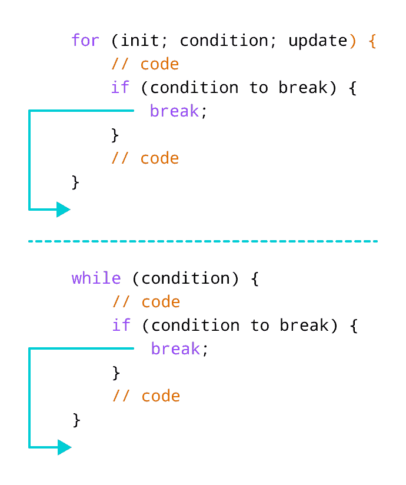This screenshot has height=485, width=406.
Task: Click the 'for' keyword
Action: pyautogui.click(x=85, y=41)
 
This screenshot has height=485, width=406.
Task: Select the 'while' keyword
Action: pyautogui.click(x=96, y=278)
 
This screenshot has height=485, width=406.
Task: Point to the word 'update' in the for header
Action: pyautogui.click(x=318, y=41)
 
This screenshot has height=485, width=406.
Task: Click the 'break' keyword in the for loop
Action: pyautogui.click(x=174, y=111)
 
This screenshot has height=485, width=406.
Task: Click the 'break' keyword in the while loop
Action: pyautogui.click(x=175, y=349)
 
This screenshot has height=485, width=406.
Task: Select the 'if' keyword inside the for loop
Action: pyautogui.click(x=120, y=88)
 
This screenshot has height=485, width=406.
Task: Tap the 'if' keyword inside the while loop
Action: pyautogui.click(x=121, y=325)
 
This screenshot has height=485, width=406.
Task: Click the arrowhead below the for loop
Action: pyautogui.click(x=63, y=209)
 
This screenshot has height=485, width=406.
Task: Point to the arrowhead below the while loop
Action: pyautogui.click(x=64, y=447)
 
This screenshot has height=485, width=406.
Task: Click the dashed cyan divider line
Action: pyautogui.click(x=203, y=241)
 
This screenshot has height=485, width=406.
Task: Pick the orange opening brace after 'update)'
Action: pyautogui.click(x=372, y=41)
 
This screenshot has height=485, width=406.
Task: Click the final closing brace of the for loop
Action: pyautogui.click(x=75, y=182)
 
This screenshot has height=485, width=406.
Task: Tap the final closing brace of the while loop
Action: pyautogui.click(x=76, y=420)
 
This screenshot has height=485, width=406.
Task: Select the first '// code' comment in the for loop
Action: pyautogui.click(x=145, y=64)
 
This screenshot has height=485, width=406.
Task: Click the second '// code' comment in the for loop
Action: pyautogui.click(x=145, y=158)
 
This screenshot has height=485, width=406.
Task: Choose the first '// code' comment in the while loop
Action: pyautogui.click(x=146, y=302)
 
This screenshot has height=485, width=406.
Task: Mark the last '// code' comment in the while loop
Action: pyautogui.click(x=146, y=396)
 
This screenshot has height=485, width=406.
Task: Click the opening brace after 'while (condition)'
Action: pyautogui.click(x=255, y=279)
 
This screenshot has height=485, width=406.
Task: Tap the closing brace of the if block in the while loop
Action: pyautogui.click(x=116, y=373)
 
